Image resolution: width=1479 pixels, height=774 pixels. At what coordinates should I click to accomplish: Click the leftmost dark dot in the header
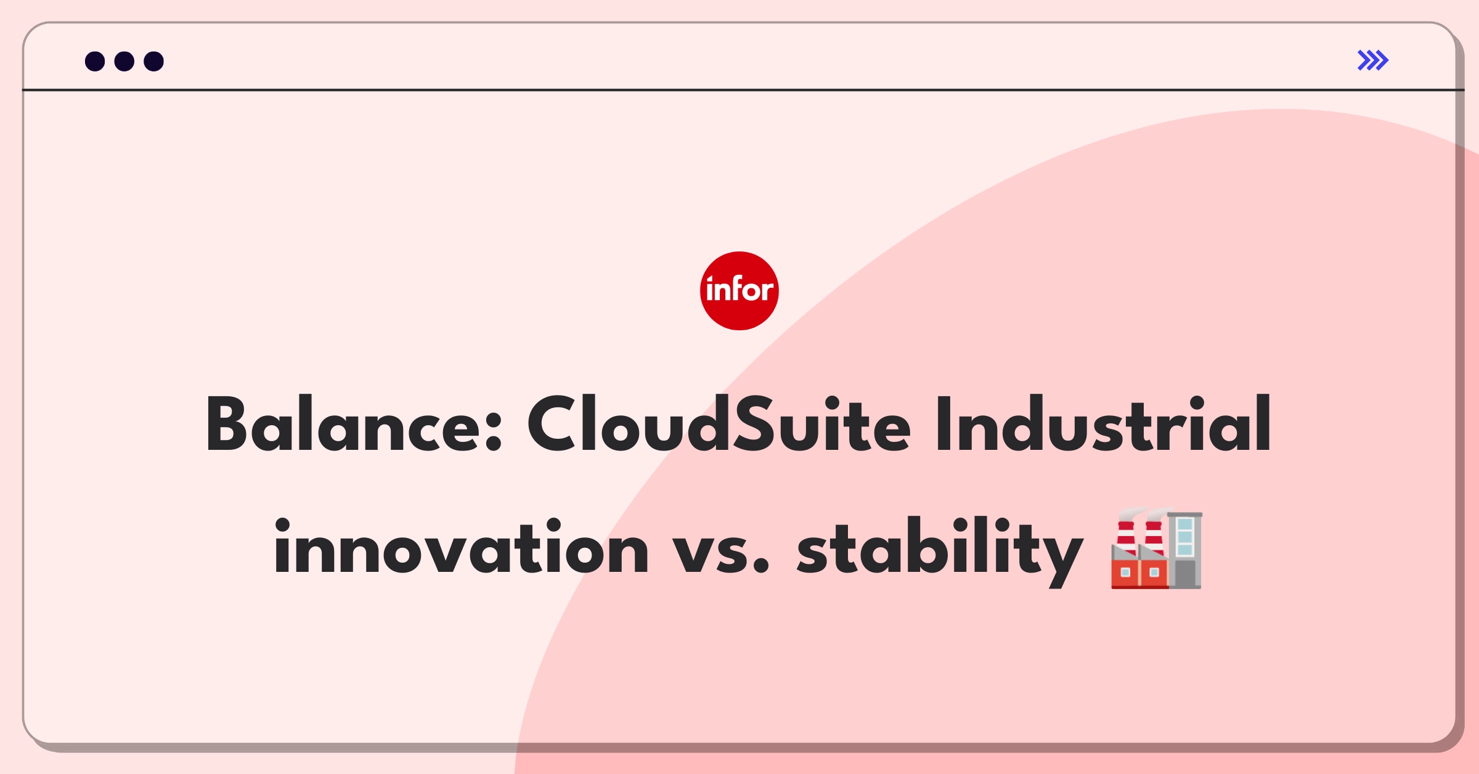pos(95,61)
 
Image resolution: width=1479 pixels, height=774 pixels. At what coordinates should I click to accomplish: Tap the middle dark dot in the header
pos(124,61)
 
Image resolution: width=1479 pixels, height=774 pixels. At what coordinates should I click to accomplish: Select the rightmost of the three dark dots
pos(154,61)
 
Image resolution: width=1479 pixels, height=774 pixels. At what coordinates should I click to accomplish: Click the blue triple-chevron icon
pos(1373,60)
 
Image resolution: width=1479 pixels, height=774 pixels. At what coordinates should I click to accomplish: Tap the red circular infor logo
pos(739,291)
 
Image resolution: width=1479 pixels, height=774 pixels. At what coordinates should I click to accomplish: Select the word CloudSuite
pos(719,424)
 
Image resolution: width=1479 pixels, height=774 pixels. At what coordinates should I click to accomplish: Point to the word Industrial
pos(1104,424)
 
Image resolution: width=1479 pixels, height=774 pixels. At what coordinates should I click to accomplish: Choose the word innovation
pos(462,547)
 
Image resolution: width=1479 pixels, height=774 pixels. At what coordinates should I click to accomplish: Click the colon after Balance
pos(494,432)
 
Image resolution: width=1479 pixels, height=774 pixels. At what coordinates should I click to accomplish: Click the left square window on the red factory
pos(1125,572)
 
